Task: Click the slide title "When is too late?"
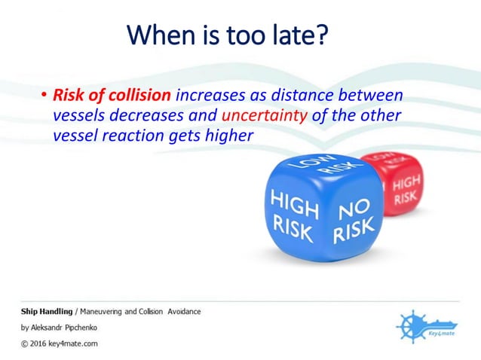(x=228, y=35)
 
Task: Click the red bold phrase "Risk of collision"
(x=112, y=96)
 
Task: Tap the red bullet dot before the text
(x=44, y=96)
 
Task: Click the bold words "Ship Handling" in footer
(x=46, y=311)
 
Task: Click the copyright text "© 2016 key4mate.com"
(x=59, y=343)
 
